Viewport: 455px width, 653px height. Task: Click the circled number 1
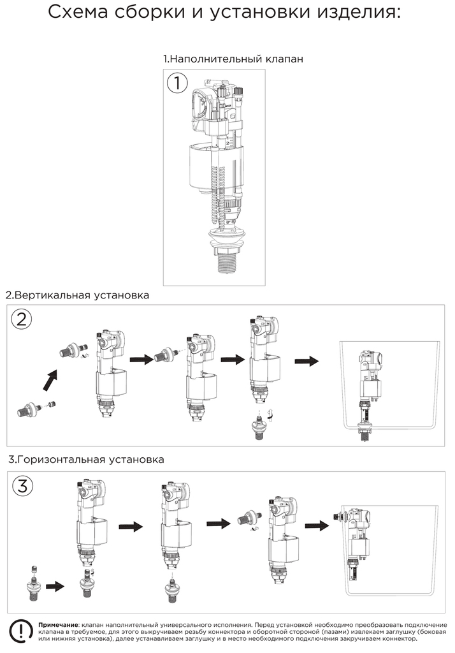177,82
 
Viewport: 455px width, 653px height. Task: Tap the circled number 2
21,319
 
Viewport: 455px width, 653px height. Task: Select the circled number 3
23,486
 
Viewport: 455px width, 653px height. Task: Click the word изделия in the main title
359,13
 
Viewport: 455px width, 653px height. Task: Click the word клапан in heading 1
285,59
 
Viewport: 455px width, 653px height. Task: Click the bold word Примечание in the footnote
57,625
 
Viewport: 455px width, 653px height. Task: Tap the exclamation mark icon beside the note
21,631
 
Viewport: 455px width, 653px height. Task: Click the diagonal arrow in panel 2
51,380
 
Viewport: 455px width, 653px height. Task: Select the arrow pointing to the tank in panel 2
307,361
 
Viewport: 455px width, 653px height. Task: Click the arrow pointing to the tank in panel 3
317,525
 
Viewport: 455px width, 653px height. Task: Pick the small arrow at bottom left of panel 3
55,587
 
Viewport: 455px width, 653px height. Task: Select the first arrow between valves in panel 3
131,526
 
